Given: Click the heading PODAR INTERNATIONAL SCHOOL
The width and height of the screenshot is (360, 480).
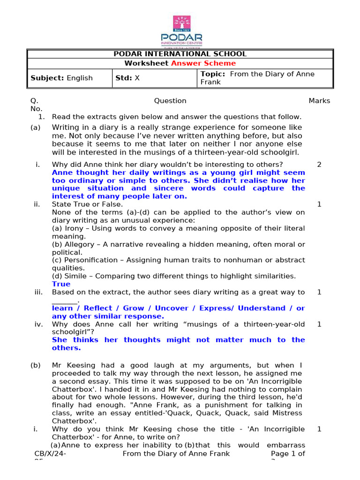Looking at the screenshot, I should point(180,54).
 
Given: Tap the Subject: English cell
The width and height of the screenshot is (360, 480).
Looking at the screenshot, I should point(61,78).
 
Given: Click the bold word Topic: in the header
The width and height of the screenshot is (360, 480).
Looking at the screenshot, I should point(213,74).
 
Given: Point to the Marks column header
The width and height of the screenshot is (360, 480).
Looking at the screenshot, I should point(319,101).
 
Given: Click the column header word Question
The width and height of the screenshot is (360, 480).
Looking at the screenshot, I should point(170,101).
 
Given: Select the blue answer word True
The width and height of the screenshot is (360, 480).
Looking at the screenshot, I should point(61,284).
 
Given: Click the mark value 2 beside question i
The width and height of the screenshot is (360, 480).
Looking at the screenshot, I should point(319,165).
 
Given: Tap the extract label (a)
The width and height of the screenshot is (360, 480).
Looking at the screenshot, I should point(36,127).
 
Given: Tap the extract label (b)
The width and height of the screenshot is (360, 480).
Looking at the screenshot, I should point(36,365).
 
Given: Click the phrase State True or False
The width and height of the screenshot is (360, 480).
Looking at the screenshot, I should point(88,204).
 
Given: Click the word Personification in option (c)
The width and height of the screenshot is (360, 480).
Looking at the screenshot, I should point(88,260).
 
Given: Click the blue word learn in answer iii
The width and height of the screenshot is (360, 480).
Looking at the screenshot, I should point(62,308).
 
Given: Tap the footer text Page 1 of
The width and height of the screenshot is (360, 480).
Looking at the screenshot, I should point(288,453).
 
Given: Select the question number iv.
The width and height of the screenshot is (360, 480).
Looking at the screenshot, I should point(38,324).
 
